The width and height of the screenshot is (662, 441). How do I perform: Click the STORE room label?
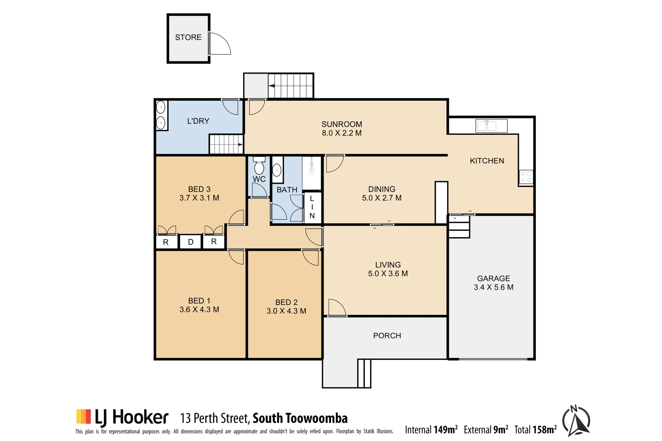click(x=188, y=38)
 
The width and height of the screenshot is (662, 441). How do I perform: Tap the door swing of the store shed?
click(x=219, y=44)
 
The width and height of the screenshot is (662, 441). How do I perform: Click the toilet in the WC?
click(x=259, y=166)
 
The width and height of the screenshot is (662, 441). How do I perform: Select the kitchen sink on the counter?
click(x=491, y=126)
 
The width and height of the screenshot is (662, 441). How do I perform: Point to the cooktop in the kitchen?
click(x=526, y=177)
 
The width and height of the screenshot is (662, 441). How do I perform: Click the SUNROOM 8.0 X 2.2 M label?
click(x=342, y=129)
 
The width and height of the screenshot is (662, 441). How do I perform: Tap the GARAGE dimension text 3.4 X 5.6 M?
click(x=493, y=287)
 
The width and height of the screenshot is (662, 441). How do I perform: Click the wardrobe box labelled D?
click(x=190, y=242)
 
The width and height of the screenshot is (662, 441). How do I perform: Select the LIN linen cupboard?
click(x=312, y=207)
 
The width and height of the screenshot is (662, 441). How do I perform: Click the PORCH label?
click(x=387, y=336)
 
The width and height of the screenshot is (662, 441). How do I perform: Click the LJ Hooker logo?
click(x=122, y=417)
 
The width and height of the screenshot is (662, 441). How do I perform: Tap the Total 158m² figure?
click(x=535, y=430)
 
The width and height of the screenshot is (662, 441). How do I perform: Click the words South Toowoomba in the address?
click(x=300, y=419)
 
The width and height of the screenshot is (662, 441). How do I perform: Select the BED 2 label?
click(x=286, y=303)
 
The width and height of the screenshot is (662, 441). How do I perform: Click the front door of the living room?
click(x=337, y=308)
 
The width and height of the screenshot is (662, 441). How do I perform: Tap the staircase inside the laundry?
click(x=226, y=144)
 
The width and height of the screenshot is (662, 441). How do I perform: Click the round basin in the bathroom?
click(x=277, y=170)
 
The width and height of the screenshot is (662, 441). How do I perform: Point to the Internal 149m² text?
click(x=431, y=430)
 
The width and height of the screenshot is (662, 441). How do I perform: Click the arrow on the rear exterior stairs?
click(x=272, y=86)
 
